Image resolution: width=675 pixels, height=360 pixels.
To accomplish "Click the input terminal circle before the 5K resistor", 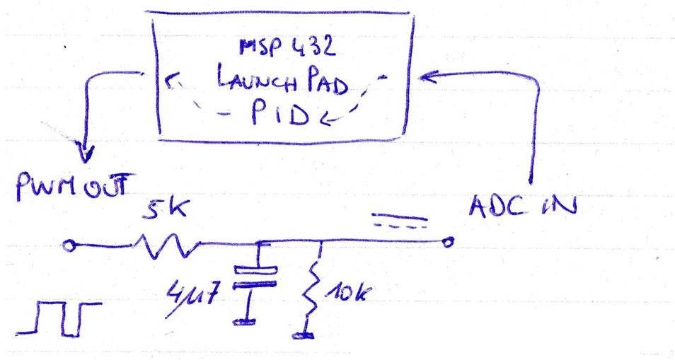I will [69, 245].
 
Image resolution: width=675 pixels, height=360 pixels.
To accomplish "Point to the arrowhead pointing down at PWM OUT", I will [88, 153].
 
